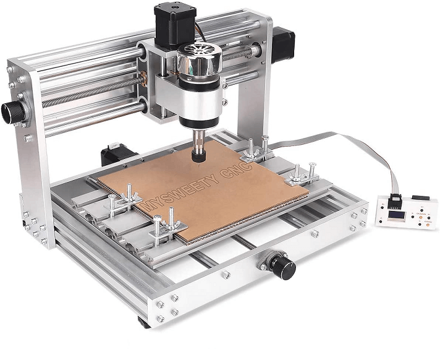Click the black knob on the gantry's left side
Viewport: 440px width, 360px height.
tap(13, 111)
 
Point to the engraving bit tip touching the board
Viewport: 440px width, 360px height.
tap(198, 163)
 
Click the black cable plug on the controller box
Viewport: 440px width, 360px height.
tap(394, 200)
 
